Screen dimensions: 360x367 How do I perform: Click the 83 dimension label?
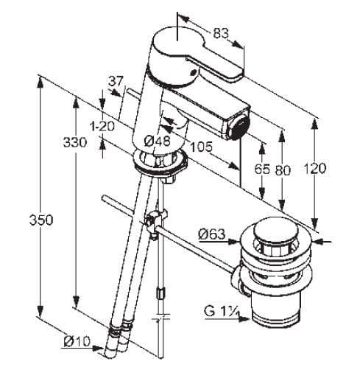tap(221, 33)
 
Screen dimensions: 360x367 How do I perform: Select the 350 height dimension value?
tap(41, 220)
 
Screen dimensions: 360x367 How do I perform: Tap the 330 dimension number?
tap(75, 142)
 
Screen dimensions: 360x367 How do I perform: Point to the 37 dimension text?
tap(116, 81)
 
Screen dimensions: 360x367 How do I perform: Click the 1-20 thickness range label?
tap(102, 127)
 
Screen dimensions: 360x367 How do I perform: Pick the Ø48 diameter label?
tap(157, 141)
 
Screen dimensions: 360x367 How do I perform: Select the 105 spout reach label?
tap(201, 147)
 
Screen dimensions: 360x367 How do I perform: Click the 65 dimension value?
tap(262, 169)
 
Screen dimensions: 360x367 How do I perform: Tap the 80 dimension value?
tap(283, 170)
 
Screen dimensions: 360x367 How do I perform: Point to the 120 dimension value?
tap(315, 169)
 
